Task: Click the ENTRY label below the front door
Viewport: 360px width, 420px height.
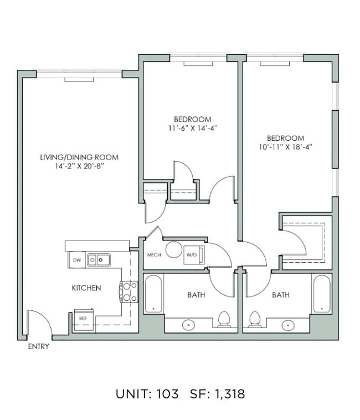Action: [x=38, y=347]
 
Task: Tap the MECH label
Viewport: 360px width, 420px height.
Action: [x=153, y=255]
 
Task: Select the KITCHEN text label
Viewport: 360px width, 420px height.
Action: [x=86, y=288]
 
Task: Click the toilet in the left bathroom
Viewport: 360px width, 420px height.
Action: [x=224, y=319]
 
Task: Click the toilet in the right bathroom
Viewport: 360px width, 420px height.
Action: [x=255, y=319]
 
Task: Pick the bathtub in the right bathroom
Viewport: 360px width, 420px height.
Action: [x=322, y=294]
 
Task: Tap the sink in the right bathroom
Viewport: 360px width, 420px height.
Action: [x=288, y=325]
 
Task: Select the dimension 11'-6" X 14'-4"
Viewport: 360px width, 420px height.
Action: [x=192, y=128]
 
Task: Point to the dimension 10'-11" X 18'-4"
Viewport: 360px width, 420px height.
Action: [x=285, y=147]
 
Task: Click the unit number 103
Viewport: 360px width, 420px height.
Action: [x=167, y=394]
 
